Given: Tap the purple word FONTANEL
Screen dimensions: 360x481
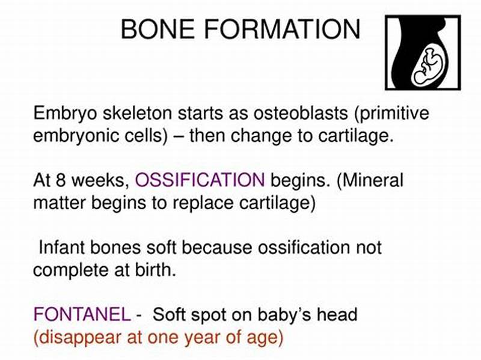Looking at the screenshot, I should (81, 314).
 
